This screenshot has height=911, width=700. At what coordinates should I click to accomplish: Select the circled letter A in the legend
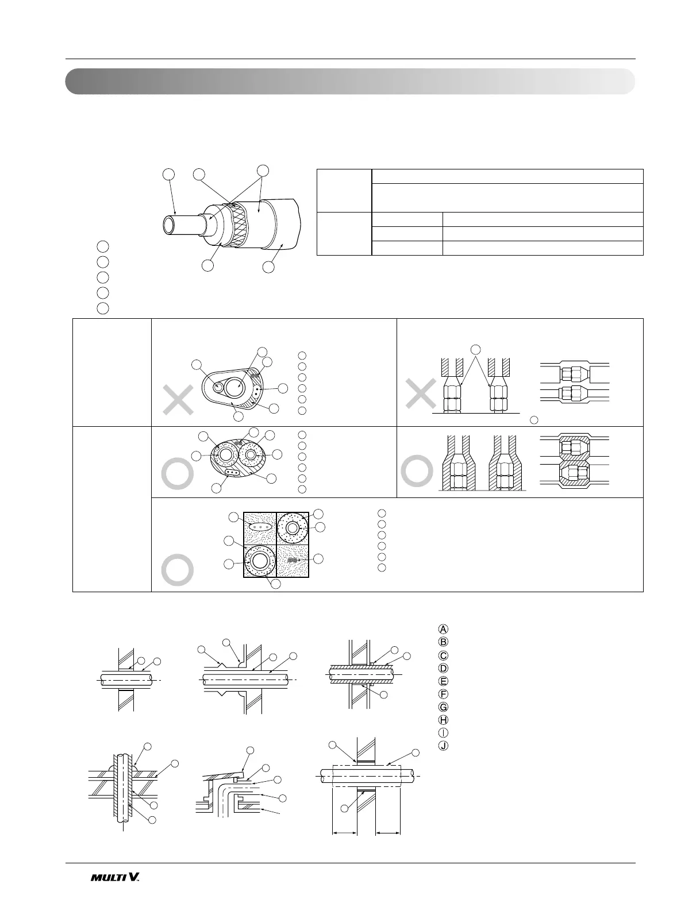point(443,628)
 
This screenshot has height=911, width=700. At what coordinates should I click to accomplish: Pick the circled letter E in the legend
point(443,681)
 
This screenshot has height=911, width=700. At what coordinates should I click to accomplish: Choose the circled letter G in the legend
point(443,707)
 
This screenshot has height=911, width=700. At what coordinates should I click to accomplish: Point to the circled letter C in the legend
point(443,655)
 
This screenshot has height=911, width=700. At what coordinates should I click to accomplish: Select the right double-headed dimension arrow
point(388,831)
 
